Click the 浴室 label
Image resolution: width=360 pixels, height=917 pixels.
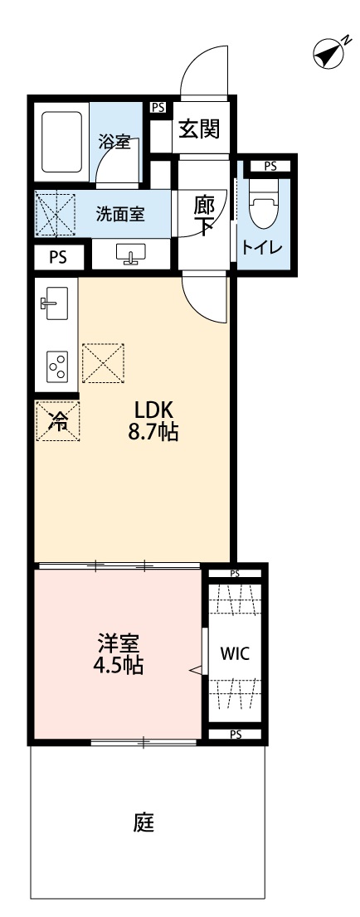[114, 142]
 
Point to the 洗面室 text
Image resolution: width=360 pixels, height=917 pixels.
[120, 214]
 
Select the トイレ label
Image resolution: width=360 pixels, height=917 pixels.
[262, 247]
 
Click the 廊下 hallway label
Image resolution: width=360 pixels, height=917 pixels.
[205, 214]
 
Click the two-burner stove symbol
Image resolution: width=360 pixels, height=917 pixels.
[57, 366]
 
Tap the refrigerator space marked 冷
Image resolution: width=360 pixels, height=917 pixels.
[57, 422]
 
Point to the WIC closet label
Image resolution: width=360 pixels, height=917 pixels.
[234, 653]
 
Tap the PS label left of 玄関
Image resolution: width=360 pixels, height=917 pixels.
[157, 106]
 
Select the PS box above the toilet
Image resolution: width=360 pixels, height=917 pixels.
[270, 166]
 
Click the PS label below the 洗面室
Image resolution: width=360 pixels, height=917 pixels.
[57, 256]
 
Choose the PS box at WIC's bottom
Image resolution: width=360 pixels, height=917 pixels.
[236, 734]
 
